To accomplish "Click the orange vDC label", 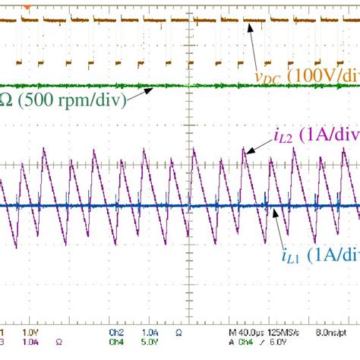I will [267, 77].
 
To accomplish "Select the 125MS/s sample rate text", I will [288, 332].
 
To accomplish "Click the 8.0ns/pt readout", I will [335, 332].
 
